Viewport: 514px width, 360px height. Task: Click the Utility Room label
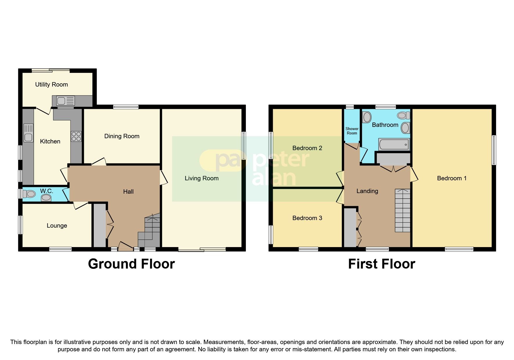pyautogui.click(x=51, y=84)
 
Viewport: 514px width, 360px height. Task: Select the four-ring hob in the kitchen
pyautogui.click(x=76, y=136)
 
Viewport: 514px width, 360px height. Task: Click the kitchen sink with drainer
pyautogui.click(x=28, y=133)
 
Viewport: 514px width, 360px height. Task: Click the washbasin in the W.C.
pyautogui.click(x=46, y=198)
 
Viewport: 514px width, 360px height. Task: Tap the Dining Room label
pyautogui.click(x=122, y=136)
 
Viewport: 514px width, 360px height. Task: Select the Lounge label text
pyautogui.click(x=57, y=226)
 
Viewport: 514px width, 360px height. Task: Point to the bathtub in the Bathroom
pyautogui.click(x=394, y=144)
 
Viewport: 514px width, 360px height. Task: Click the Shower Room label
pyautogui.click(x=352, y=131)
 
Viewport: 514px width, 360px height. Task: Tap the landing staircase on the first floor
pyautogui.click(x=403, y=210)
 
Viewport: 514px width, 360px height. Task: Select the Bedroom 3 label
pyautogui.click(x=307, y=218)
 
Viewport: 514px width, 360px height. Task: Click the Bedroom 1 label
pyautogui.click(x=452, y=178)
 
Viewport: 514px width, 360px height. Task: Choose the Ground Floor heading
pyautogui.click(x=131, y=264)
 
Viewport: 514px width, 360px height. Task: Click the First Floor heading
pyautogui.click(x=381, y=264)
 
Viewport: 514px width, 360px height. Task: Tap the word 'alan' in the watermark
pyautogui.click(x=274, y=178)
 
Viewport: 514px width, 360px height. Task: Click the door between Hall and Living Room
pyautogui.click(x=164, y=178)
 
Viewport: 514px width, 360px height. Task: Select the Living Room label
pyautogui.click(x=201, y=178)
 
